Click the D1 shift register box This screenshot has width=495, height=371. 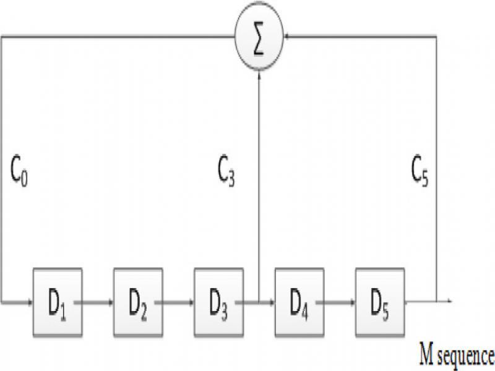click(x=58, y=302)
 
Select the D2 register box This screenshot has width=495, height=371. click(x=138, y=302)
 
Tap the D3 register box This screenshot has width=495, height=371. click(x=219, y=302)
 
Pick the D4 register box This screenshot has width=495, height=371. click(x=299, y=302)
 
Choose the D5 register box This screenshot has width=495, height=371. click(x=380, y=302)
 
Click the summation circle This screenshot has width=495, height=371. click(x=259, y=36)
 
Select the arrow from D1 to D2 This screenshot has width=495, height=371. click(x=93, y=302)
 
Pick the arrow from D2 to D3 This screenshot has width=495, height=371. click(x=174, y=302)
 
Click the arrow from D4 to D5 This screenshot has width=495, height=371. click(x=335, y=302)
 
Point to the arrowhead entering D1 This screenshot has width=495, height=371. click(x=30, y=302)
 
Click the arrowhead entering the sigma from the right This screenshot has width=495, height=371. click(x=287, y=37)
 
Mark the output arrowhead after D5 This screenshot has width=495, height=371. click(x=450, y=301)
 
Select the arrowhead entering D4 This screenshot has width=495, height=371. click(x=271, y=302)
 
